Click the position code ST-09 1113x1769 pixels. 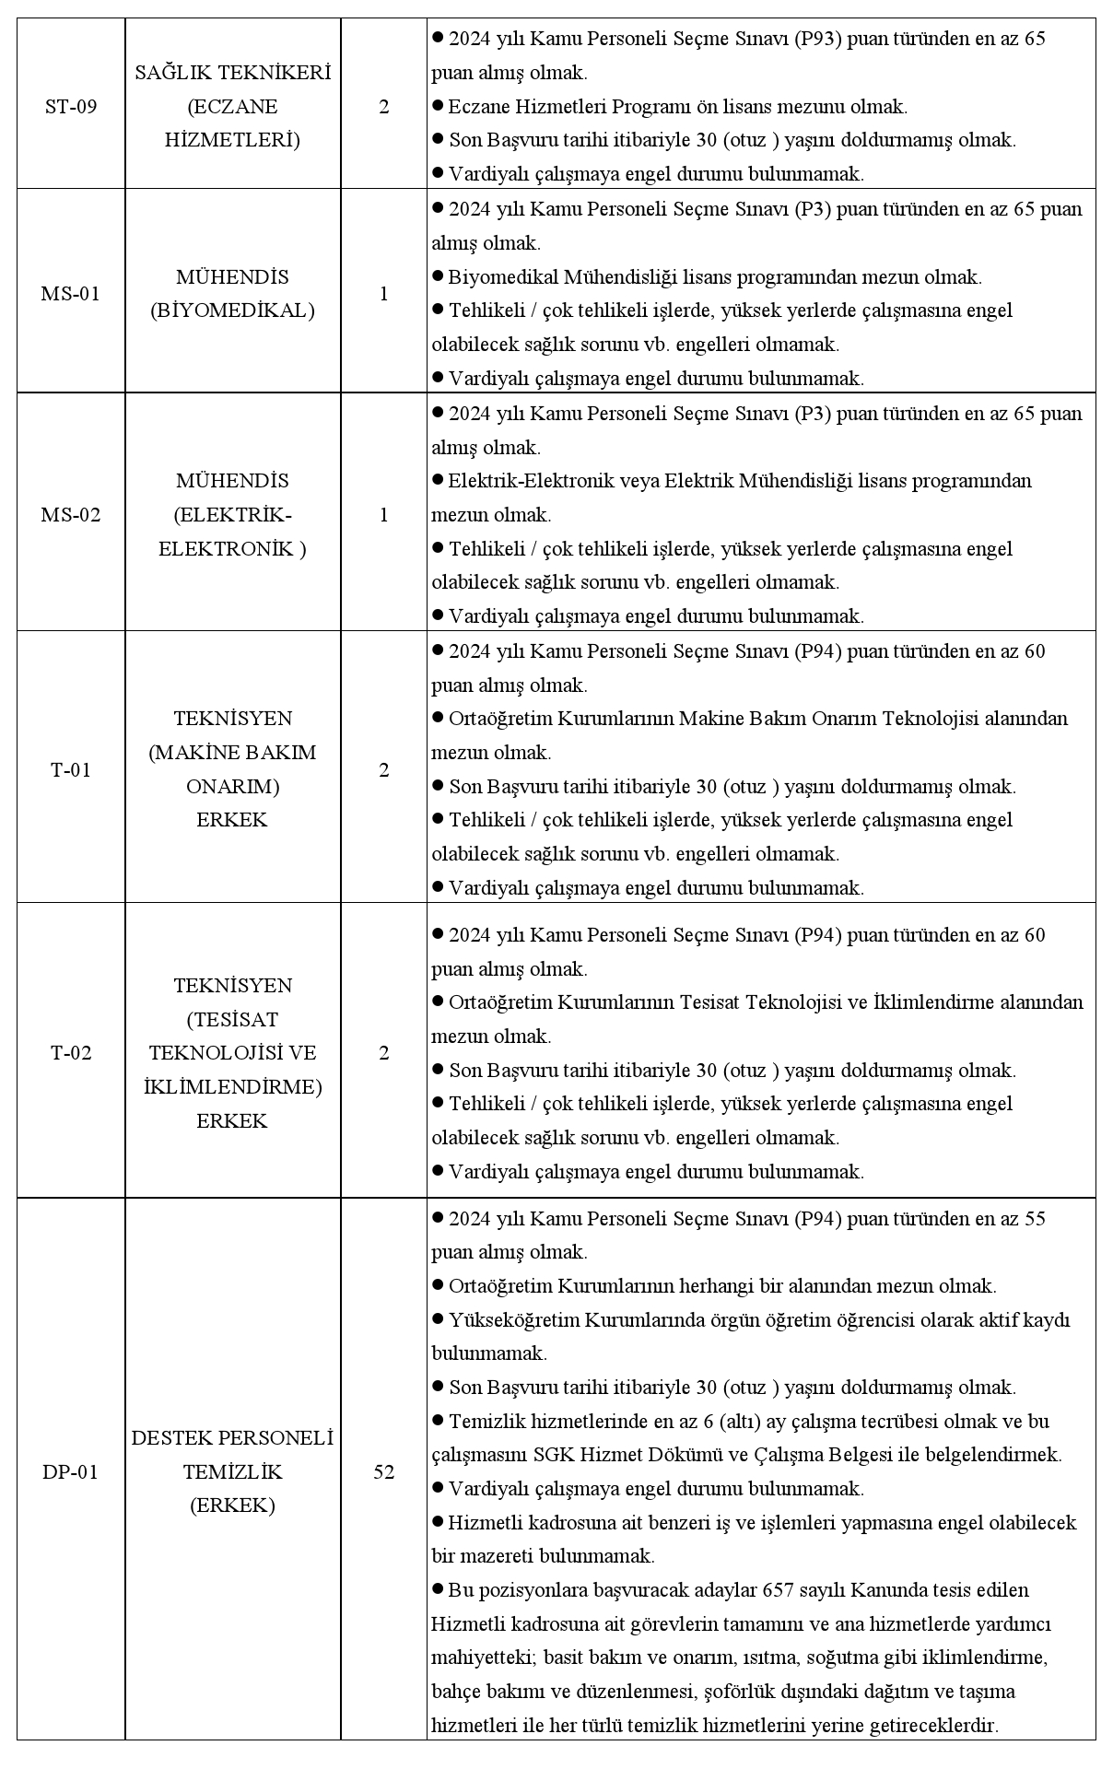pos(71,106)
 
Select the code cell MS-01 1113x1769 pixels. pos(71,294)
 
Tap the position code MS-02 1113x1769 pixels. pos(71,514)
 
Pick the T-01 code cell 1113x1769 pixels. pos(71,769)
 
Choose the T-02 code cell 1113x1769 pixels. pos(71,1052)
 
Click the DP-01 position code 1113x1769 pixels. pos(71,1471)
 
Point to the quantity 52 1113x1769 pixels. pos(383,1471)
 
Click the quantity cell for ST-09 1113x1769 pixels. pos(383,106)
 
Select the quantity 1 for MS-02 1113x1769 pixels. pos(383,514)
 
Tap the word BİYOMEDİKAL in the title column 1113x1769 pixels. pos(232,310)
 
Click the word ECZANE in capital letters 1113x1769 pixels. pos(232,106)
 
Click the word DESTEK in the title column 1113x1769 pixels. pos(171,1437)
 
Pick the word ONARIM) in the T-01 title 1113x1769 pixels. pos(232,787)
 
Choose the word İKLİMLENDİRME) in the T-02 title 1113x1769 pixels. pos(232,1086)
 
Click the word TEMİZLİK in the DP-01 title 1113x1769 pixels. pos(232,1471)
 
